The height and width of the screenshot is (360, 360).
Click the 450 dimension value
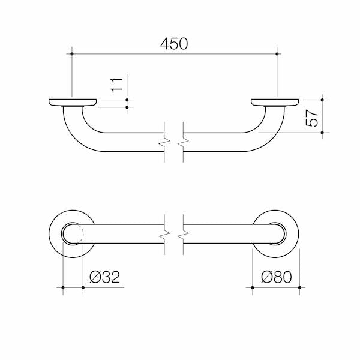click(x=174, y=44)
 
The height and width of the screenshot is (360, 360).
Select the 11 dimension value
click(x=116, y=86)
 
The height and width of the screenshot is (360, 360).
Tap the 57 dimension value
click(x=312, y=118)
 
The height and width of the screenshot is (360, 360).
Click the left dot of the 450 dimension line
click(x=72, y=54)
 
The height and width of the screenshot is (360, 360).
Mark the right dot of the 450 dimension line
click(x=277, y=54)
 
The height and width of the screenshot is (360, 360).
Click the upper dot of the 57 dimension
click(x=322, y=100)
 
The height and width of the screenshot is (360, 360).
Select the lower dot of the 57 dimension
click(x=322, y=133)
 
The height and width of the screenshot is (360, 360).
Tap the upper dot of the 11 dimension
click(x=127, y=100)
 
